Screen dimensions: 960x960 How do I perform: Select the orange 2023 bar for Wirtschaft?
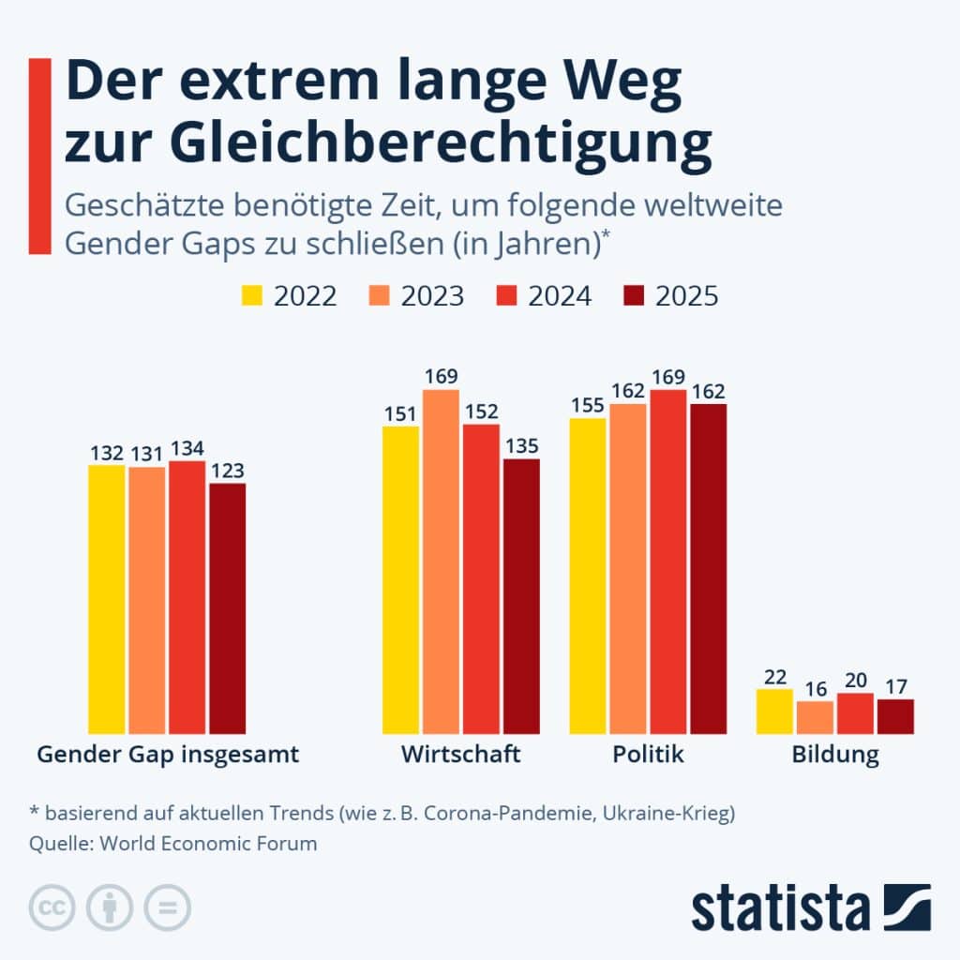tap(441, 562)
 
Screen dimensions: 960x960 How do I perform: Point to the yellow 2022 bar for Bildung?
tap(774, 712)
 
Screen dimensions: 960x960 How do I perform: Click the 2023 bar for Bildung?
tap(815, 717)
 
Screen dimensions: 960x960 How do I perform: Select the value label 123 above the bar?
tap(227, 471)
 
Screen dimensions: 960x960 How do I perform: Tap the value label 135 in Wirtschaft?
tap(521, 446)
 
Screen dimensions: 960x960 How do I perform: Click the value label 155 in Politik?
tap(588, 406)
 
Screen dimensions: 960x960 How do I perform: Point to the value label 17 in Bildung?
tap(895, 686)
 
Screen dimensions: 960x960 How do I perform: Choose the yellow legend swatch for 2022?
tap(251, 296)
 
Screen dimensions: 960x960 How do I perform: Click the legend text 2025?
tap(686, 296)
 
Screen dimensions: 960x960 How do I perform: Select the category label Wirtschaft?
tap(460, 755)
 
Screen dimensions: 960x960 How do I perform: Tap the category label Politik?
tap(648, 755)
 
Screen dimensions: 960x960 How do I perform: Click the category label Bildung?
tap(834, 756)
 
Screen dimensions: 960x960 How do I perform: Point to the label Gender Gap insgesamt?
tap(168, 755)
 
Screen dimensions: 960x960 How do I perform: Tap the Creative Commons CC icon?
tap(52, 907)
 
